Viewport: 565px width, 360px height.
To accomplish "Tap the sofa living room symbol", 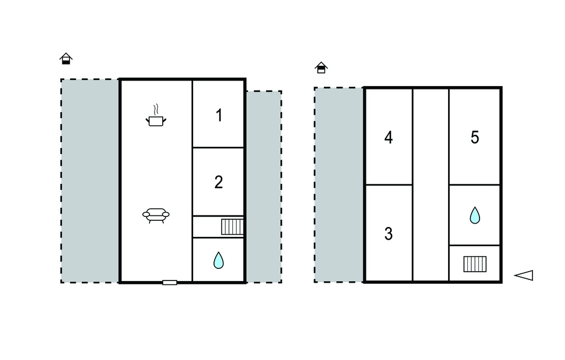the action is pos(156,215).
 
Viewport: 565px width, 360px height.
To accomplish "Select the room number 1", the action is pos(218,115).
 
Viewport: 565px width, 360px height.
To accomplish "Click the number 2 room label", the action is pos(218,182).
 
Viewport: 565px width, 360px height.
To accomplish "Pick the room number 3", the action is pos(388,234).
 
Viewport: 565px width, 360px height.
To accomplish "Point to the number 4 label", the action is pos(388,137).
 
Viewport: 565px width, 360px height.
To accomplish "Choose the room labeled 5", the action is pos(475,137).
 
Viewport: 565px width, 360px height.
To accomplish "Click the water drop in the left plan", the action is pos(218,261).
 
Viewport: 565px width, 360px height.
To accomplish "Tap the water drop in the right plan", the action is pos(475,215).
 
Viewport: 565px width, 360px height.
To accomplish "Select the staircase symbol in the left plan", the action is pos(232,227).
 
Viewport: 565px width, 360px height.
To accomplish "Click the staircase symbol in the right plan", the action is pos(475,264).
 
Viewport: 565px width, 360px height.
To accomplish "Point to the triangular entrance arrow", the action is pos(524,275).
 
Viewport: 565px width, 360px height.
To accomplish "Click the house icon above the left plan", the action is pos(66,59).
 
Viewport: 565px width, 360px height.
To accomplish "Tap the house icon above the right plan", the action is pos(321,68).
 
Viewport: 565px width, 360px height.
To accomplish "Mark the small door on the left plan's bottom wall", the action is pos(169,283).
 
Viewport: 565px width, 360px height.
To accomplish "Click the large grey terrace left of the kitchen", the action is pos(90,181).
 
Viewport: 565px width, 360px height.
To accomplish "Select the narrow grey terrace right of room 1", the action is pos(264,187).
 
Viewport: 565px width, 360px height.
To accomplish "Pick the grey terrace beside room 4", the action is pos(339,184).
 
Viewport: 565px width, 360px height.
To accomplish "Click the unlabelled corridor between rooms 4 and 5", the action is pos(430,184).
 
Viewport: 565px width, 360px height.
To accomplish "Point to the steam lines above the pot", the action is pos(156,109).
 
